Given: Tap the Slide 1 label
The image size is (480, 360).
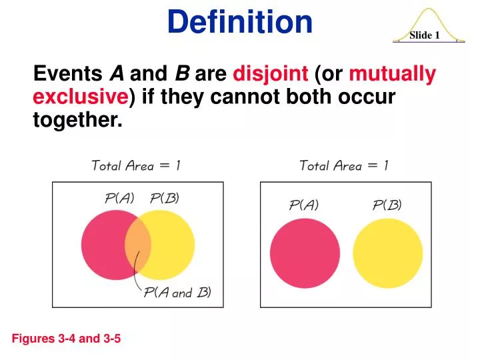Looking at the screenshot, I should [425, 35].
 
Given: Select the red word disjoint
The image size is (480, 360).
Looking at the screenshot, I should [270, 73].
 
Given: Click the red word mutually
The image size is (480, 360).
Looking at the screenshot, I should [393, 73].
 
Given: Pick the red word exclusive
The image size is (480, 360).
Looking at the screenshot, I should [81, 97].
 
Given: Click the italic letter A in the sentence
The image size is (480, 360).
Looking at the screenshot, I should [116, 73].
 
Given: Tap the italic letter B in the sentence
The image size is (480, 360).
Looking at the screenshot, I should [181, 73].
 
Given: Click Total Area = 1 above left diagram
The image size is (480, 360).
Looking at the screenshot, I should [135, 165].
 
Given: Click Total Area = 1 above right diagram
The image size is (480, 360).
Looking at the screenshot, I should [344, 165].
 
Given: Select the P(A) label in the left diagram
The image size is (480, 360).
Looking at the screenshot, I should [120, 198].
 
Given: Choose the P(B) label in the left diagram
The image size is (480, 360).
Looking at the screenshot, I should [164, 198].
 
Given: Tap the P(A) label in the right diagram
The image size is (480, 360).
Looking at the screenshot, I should [303, 205].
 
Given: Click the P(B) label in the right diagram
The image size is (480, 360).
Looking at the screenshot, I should [387, 205].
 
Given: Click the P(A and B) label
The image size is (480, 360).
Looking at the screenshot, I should [177, 293].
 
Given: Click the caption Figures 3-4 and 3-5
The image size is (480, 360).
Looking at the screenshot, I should [67, 339].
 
